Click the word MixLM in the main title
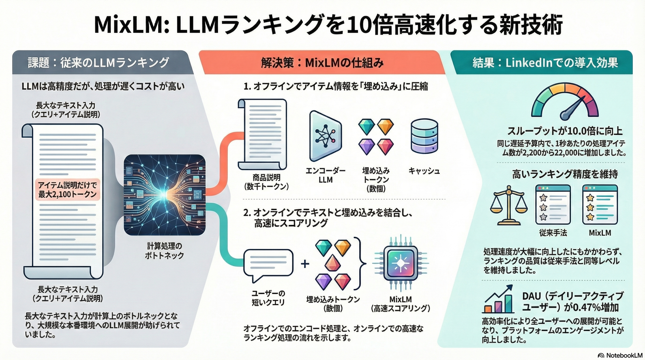(x=128, y=25)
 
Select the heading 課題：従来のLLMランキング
(x=99, y=63)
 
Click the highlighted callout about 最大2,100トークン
(x=67, y=190)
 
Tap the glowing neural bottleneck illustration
(x=164, y=195)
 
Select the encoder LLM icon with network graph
(x=325, y=136)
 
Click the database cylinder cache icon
(x=424, y=136)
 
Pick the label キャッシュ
(x=424, y=171)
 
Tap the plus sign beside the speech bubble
(x=305, y=264)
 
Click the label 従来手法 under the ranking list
(x=553, y=233)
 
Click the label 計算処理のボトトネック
(x=164, y=251)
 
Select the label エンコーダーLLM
(x=325, y=175)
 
